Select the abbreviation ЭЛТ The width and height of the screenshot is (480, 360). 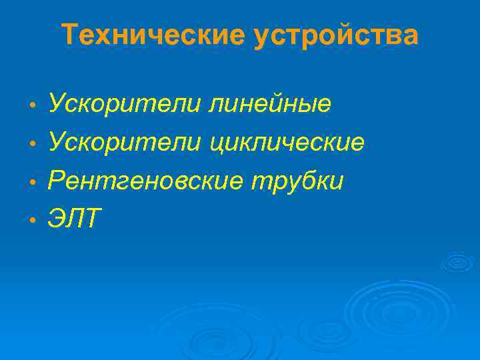coord(74,218)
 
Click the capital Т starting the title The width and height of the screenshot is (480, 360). coord(69,35)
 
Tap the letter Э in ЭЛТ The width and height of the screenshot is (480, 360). coord(57,218)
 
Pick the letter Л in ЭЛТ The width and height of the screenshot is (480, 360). coord(74,218)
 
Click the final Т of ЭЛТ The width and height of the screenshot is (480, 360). coord(91,218)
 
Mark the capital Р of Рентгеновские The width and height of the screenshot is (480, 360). coord(57,180)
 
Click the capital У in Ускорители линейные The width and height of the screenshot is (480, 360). coord(57,104)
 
